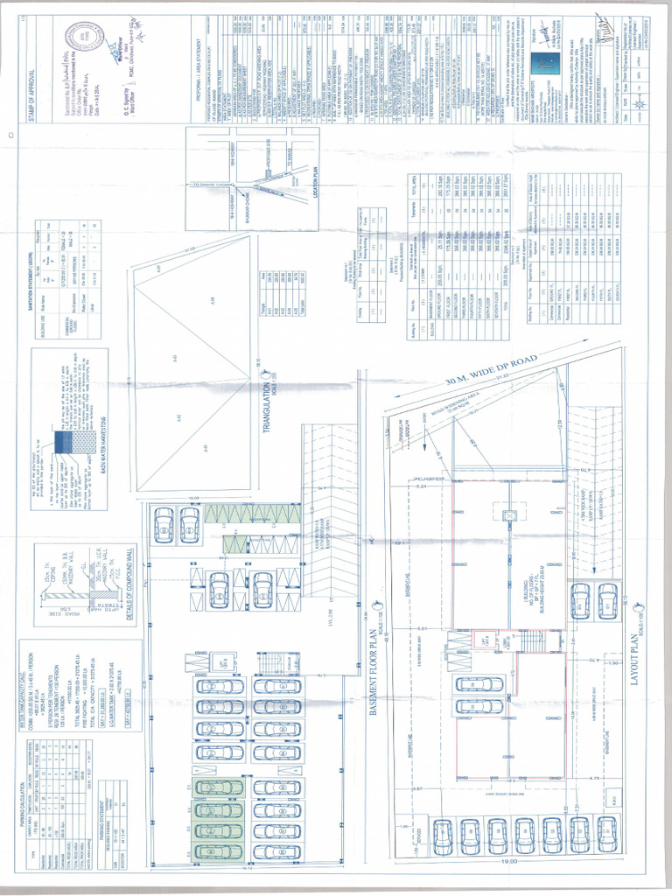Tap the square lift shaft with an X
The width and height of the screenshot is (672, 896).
[507, 518]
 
